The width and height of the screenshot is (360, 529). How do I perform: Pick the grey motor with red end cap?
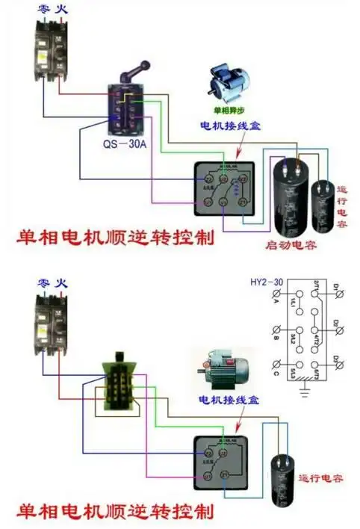[x=223, y=368]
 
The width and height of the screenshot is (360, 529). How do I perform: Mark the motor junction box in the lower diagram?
[x=220, y=463]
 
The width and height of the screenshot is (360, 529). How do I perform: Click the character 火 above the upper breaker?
[x=55, y=10]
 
